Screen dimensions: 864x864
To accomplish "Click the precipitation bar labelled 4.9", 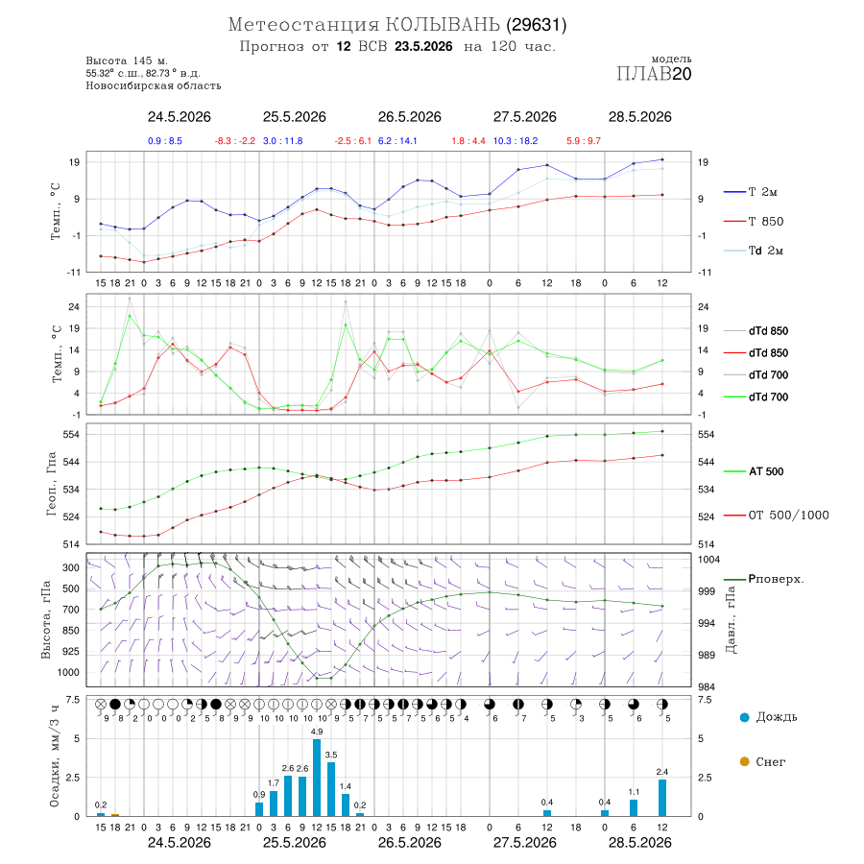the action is point(317,778).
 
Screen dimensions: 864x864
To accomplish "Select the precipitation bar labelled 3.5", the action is point(331,789).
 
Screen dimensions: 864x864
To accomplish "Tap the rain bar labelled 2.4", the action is point(662,798).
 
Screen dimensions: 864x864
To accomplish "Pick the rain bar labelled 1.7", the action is point(274,804).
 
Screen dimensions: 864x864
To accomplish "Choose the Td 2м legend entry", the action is point(754,251).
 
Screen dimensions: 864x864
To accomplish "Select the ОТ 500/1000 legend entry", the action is point(777,516).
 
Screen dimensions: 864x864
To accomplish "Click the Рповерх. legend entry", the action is point(764,579).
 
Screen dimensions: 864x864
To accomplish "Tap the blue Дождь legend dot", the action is point(745,717).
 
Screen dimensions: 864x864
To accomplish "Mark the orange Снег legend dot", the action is point(745,761).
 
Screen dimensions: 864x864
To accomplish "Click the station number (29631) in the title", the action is point(537,25).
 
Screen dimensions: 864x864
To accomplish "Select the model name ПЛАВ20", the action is point(654,74).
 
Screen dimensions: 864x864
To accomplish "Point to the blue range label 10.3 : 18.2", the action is point(516,141).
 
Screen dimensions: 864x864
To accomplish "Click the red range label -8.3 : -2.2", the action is point(235,141).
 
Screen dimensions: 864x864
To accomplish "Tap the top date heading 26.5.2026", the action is point(409,117).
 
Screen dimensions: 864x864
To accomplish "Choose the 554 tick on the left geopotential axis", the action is point(72,434).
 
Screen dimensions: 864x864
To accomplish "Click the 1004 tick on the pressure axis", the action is point(709,560).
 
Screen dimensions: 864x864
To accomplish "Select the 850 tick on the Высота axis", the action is point(70,631).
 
